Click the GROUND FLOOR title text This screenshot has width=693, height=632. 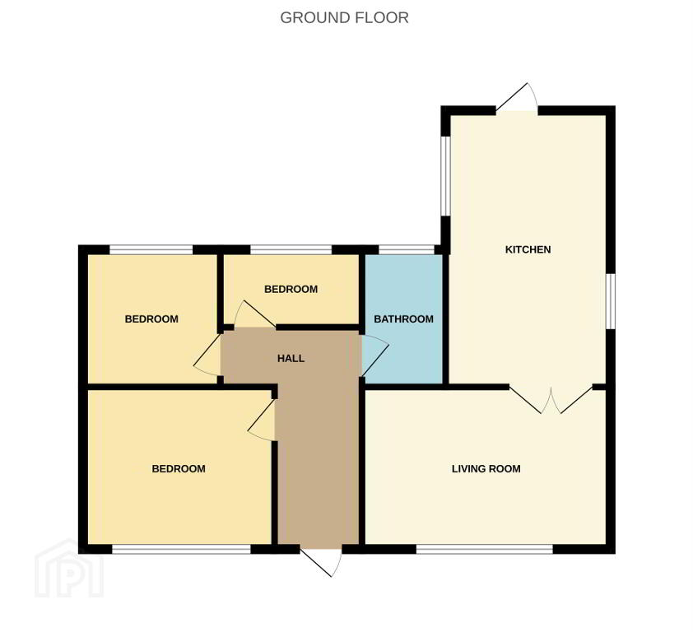[x=344, y=17]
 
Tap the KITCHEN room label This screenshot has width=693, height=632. [x=528, y=249]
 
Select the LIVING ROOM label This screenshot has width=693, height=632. [x=486, y=468]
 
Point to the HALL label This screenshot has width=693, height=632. [x=291, y=358]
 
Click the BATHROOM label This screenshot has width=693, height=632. [x=403, y=318]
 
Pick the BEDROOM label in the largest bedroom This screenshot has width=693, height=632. [x=179, y=468]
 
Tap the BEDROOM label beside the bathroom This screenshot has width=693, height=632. [x=291, y=289]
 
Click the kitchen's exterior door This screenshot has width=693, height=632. [x=517, y=98]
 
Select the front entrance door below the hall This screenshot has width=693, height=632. [x=321, y=561]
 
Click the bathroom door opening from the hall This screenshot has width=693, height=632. [x=374, y=355]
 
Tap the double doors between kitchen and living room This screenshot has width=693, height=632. [x=551, y=399]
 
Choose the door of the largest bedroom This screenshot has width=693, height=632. [x=262, y=420]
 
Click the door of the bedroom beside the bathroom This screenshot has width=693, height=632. [x=255, y=314]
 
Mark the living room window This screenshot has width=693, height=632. [x=485, y=549]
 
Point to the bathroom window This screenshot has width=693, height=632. [x=407, y=249]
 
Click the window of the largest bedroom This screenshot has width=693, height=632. [x=182, y=549]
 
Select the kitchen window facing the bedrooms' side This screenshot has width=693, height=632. [x=445, y=176]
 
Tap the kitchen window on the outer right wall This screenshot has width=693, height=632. [x=611, y=301]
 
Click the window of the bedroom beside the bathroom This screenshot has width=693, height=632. [x=291, y=249]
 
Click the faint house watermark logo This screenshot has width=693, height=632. [x=69, y=568]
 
